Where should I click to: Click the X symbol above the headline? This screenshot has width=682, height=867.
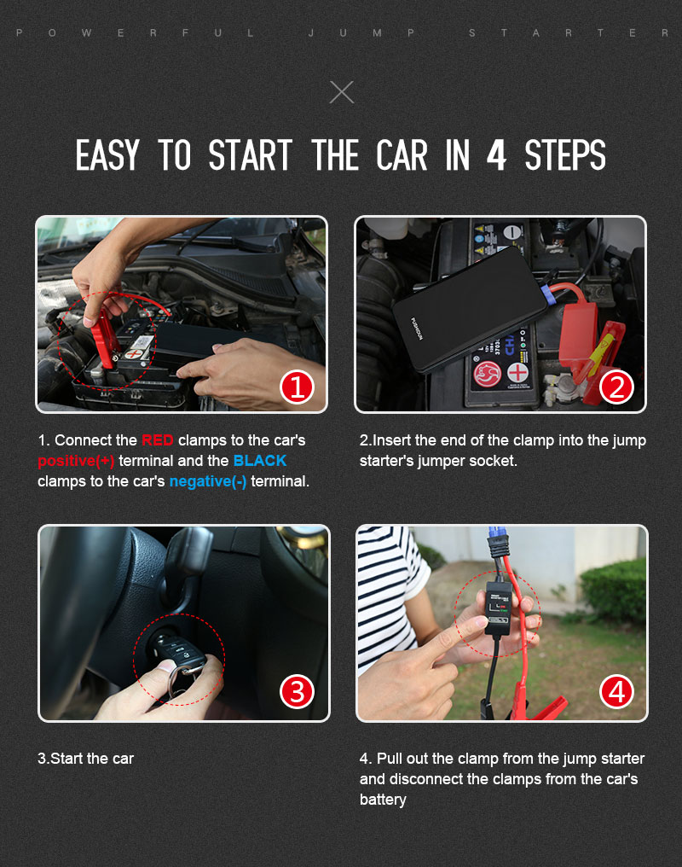[341, 92]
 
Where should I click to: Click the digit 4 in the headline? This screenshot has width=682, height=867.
[496, 155]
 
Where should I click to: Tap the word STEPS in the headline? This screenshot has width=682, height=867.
[565, 155]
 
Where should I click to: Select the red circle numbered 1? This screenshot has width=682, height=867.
[298, 387]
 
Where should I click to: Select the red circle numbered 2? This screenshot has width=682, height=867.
[616, 387]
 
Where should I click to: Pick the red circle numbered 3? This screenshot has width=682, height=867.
[298, 691]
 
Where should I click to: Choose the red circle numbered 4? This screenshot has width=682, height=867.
[616, 691]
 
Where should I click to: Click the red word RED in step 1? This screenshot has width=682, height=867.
[158, 440]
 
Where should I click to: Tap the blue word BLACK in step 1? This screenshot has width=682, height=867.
[259, 461]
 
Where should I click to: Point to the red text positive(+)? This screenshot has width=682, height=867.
[76, 461]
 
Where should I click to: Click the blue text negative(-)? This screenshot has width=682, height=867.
[208, 481]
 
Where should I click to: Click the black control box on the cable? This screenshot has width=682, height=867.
[500, 608]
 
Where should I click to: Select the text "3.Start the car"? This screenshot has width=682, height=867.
[85, 758]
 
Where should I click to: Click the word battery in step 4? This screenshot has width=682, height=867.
[383, 800]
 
